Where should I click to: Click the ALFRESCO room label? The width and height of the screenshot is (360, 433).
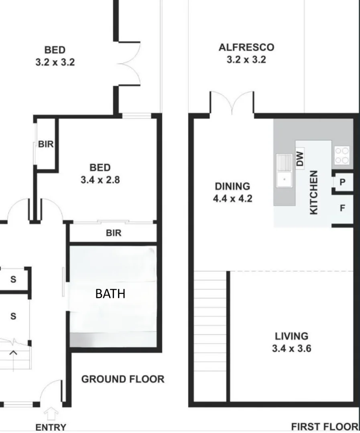pos(246,48)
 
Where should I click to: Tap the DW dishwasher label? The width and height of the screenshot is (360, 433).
pos(300,158)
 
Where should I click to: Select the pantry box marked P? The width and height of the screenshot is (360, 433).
pos(342,182)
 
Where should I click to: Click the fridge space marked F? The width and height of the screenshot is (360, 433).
pos(342,208)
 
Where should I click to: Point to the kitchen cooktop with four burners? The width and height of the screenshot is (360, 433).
pos(342,156)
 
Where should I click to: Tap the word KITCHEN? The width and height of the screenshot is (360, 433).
pos(314,192)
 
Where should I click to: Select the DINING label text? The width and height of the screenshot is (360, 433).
pos(232,186)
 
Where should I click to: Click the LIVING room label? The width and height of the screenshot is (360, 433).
pos(291,336)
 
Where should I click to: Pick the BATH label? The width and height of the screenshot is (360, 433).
pos(110,294)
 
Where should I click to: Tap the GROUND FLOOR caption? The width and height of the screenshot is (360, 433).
pos(123,379)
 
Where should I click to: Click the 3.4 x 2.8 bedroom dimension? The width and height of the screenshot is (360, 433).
pos(100,180)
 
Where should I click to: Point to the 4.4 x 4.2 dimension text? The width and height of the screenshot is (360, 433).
pos(232,198)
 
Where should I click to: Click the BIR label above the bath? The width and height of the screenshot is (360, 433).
pos(113,233)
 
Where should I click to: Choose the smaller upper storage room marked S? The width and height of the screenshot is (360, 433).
pos(13,279)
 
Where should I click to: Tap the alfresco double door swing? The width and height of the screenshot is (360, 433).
pos(232,102)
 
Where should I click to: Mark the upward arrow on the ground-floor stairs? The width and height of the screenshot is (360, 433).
pos(13,353)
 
